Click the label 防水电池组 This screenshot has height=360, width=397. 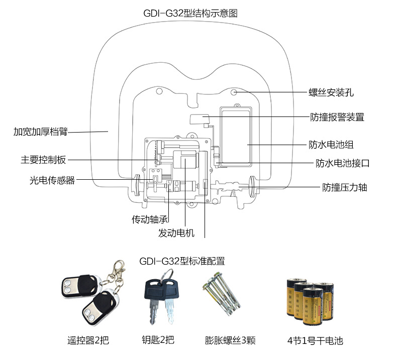click(x=331, y=145)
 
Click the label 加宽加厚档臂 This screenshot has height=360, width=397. click(x=40, y=132)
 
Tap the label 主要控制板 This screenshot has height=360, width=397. click(x=43, y=160)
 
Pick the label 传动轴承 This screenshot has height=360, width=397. click(x=149, y=219)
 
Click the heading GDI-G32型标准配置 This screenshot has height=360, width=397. click(x=182, y=261)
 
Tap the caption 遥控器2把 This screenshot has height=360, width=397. click(x=88, y=340)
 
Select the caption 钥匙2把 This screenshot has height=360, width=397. click(x=158, y=340)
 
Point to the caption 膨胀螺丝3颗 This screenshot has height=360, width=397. click(x=231, y=340)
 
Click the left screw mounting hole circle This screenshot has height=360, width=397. click(x=159, y=92)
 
